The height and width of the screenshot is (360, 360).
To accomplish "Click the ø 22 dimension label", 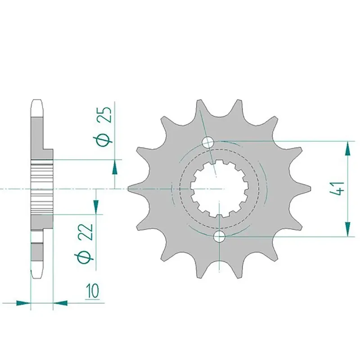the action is pos(85,243).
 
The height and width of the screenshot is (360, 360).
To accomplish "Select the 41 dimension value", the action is pos(337,189).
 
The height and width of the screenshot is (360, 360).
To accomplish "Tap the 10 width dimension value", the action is pos(93,291).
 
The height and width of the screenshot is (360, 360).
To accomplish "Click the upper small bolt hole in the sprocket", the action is pos(208,142).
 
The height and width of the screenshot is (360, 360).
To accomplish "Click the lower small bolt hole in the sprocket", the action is pos(219,236).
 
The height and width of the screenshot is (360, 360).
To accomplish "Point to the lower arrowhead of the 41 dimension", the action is pos(348,229).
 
